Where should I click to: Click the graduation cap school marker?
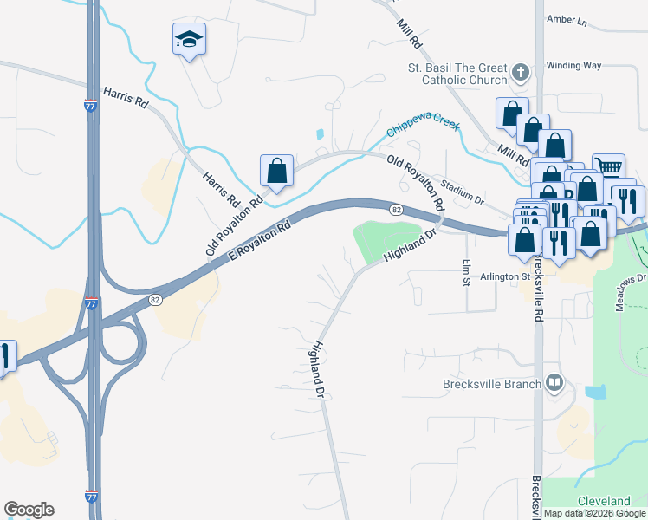[x=189, y=40]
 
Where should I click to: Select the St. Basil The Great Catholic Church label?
[x=457, y=74]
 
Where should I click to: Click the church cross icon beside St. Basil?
[x=520, y=73]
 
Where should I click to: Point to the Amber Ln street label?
[x=567, y=19]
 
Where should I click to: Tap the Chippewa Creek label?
[x=423, y=126]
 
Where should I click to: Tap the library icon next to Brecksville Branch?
[x=554, y=382]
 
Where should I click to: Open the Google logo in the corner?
[x=29, y=510]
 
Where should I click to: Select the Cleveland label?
[x=604, y=501]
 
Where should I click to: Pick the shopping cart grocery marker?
[x=609, y=167]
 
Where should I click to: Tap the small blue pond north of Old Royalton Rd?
[x=321, y=135]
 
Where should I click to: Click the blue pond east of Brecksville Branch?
[x=596, y=392]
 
